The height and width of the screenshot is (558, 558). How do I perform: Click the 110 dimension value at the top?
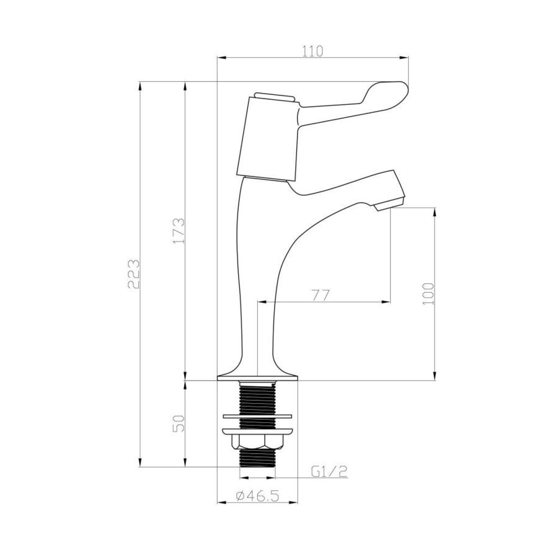313,51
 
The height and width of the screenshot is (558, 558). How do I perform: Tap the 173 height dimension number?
179,231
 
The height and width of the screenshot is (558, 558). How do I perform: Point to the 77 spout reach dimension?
320,295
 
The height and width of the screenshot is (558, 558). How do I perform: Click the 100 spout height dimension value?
427,293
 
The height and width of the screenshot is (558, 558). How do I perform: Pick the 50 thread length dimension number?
179,424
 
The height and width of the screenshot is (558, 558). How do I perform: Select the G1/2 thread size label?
329,472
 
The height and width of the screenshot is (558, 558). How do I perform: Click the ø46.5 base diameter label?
257,495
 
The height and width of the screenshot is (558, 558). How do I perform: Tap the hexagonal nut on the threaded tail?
257,441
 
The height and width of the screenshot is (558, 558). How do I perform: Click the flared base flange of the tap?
257,373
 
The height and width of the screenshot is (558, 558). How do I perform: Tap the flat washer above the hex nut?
257,414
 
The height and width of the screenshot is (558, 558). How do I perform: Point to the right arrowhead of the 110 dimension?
405,58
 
